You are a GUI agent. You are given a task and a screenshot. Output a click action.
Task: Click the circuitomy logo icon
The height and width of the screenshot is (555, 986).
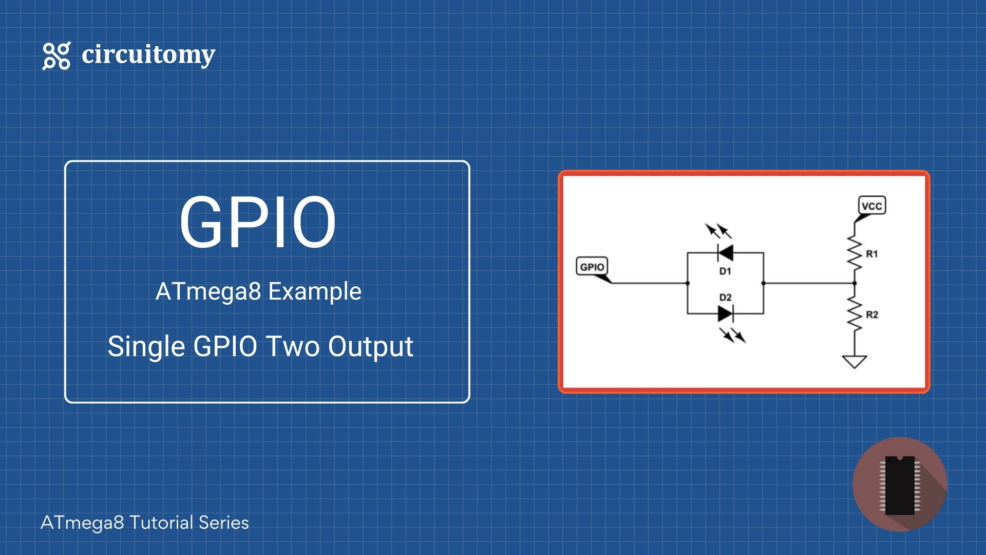pos(56,55)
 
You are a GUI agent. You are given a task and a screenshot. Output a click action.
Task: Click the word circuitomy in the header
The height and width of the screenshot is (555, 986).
pos(148,54)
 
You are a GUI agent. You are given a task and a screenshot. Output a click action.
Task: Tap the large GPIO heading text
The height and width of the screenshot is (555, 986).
pos(257,222)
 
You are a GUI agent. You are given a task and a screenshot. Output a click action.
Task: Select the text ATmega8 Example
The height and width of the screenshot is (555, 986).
pos(258,291)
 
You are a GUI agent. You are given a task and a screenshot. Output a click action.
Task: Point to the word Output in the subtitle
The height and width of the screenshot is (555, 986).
pos(370,346)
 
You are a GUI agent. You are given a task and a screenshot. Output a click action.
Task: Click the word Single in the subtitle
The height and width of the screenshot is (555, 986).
pos(146,346)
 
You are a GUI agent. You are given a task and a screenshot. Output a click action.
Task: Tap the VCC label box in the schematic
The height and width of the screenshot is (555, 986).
pos(872,206)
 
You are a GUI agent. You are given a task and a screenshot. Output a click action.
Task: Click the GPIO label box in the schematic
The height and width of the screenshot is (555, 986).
pos(592,267)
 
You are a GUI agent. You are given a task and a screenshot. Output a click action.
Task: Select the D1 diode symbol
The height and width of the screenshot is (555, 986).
pos(725,253)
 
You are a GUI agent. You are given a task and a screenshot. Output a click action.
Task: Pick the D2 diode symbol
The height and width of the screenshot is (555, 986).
pos(725,313)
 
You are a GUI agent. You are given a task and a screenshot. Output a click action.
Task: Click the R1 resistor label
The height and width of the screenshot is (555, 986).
pos(872,254)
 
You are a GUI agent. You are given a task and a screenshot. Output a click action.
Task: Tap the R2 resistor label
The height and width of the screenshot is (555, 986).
pos(872,314)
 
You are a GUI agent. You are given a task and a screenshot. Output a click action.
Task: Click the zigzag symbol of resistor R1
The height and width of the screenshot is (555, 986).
pos(855,253)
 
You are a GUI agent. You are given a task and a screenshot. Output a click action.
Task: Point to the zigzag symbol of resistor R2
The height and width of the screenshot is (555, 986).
pos(855,313)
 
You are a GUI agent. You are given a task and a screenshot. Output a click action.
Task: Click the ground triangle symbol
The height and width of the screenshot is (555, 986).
pos(855,361)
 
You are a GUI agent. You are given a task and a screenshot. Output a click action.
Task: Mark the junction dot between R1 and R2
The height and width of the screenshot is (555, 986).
pos(855,283)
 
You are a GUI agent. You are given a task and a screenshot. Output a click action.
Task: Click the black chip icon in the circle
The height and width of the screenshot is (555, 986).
pos(900,485)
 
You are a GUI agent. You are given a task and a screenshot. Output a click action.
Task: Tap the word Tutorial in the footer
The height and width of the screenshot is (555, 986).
pos(161,523)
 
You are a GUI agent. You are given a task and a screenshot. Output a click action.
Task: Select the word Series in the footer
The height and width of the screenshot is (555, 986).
pos(224,523)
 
